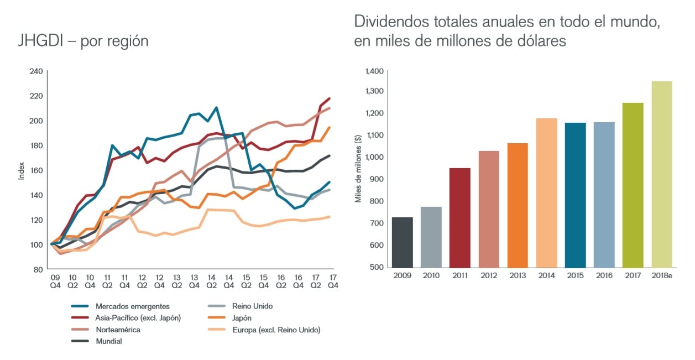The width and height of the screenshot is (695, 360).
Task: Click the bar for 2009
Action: (403, 242)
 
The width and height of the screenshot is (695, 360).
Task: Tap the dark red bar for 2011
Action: (460, 217)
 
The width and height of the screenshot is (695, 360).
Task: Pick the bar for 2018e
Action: (662, 174)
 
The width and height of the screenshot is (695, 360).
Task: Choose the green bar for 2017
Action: (633, 185)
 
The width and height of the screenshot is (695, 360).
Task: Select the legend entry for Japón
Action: (242, 318)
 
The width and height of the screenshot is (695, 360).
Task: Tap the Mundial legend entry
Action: (108, 341)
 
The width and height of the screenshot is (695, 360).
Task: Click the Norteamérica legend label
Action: (118, 330)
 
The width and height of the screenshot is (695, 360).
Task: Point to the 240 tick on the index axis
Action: (36, 71)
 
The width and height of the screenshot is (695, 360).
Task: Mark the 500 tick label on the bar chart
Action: (377, 267)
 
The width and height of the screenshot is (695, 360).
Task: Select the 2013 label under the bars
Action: (518, 275)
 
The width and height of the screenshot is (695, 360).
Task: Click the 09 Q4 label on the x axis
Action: (55, 280)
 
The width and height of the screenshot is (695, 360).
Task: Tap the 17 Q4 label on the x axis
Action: (333, 280)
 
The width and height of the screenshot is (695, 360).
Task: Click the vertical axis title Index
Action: (21, 170)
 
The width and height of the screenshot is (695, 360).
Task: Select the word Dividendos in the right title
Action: (390, 22)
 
